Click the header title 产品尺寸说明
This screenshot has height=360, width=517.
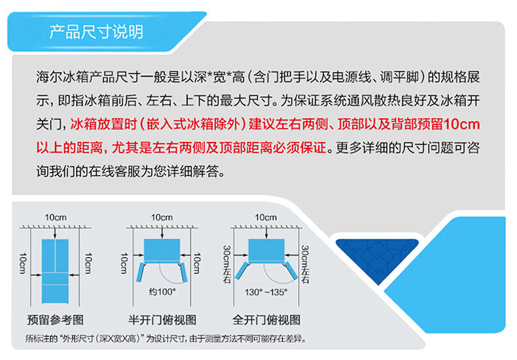tap(96, 32)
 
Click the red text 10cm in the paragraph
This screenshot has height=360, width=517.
tap(461, 124)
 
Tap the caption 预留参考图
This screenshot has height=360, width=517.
tap(55, 320)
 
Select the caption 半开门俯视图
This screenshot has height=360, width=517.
tap(162, 320)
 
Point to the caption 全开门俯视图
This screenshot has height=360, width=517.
tap(266, 320)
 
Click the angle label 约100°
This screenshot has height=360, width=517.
tap(162, 292)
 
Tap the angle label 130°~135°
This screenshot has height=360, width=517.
tap(266, 292)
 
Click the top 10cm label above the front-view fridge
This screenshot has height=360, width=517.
tap(56, 217)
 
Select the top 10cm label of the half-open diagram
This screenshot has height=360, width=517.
tap(162, 217)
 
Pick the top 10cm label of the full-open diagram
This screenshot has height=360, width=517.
tap(266, 217)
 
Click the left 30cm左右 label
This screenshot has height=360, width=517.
tap(227, 264)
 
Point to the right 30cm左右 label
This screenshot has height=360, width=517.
tap(305, 264)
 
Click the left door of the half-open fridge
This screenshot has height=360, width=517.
tap(141, 272)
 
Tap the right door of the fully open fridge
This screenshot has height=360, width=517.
tap(291, 270)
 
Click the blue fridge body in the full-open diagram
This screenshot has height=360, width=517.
tap(266, 250)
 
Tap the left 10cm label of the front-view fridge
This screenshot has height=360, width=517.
tap(22, 263)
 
